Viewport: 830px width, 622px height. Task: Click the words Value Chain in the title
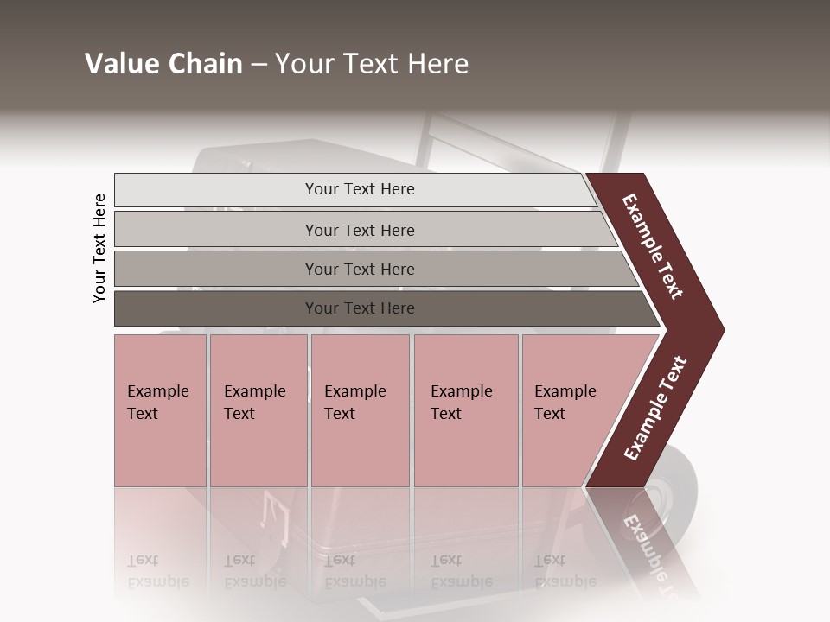click(163, 64)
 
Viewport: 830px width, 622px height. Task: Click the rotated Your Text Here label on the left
click(99, 248)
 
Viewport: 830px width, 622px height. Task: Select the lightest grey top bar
click(216, 190)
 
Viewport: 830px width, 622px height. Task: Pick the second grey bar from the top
click(216, 230)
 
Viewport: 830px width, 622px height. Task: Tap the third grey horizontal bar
click(216, 269)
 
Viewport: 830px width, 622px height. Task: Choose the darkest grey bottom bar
click(216, 308)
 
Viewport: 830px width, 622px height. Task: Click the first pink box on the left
click(160, 449)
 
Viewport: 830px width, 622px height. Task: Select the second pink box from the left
click(259, 449)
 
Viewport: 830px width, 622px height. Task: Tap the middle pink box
click(360, 449)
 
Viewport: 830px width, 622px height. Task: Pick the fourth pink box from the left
click(466, 449)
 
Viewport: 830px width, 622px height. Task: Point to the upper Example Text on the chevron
click(653, 246)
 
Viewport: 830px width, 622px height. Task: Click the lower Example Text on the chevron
click(655, 409)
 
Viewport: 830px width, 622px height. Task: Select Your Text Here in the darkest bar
click(360, 308)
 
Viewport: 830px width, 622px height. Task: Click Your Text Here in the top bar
click(360, 189)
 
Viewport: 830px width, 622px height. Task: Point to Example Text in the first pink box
click(157, 403)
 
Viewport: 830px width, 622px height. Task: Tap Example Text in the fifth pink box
click(565, 403)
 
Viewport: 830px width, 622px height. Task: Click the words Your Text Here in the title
click(372, 64)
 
